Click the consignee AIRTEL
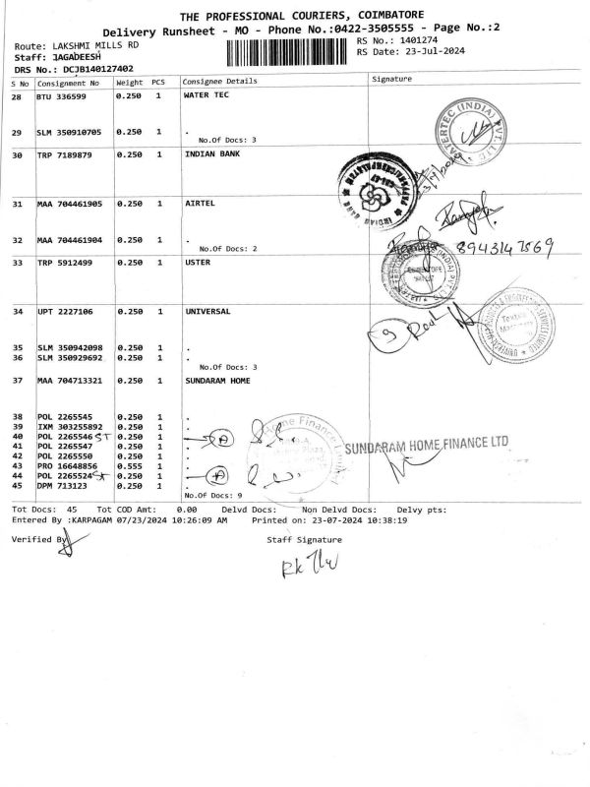200,204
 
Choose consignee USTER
198,263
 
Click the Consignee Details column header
219,80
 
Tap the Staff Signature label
304,540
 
